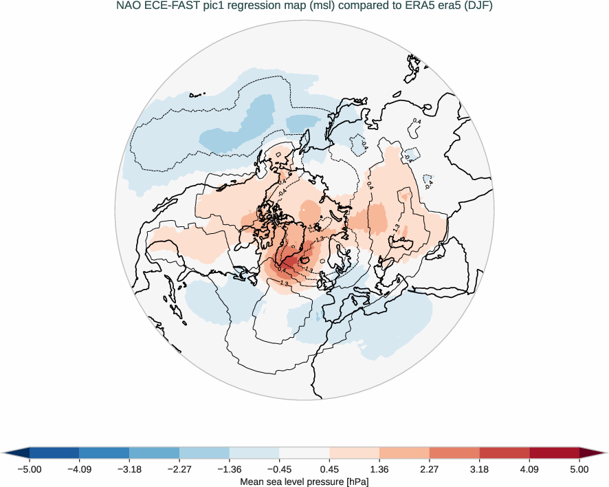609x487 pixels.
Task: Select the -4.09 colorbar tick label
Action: click(x=80, y=470)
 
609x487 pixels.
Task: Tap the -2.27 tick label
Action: click(x=179, y=470)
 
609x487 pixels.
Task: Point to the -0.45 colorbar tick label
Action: click(x=279, y=470)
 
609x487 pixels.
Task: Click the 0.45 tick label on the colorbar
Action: click(x=330, y=470)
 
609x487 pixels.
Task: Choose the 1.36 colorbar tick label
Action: click(x=380, y=470)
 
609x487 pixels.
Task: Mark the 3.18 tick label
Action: click(x=480, y=470)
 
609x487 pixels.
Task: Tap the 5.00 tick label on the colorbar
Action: click(x=579, y=470)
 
